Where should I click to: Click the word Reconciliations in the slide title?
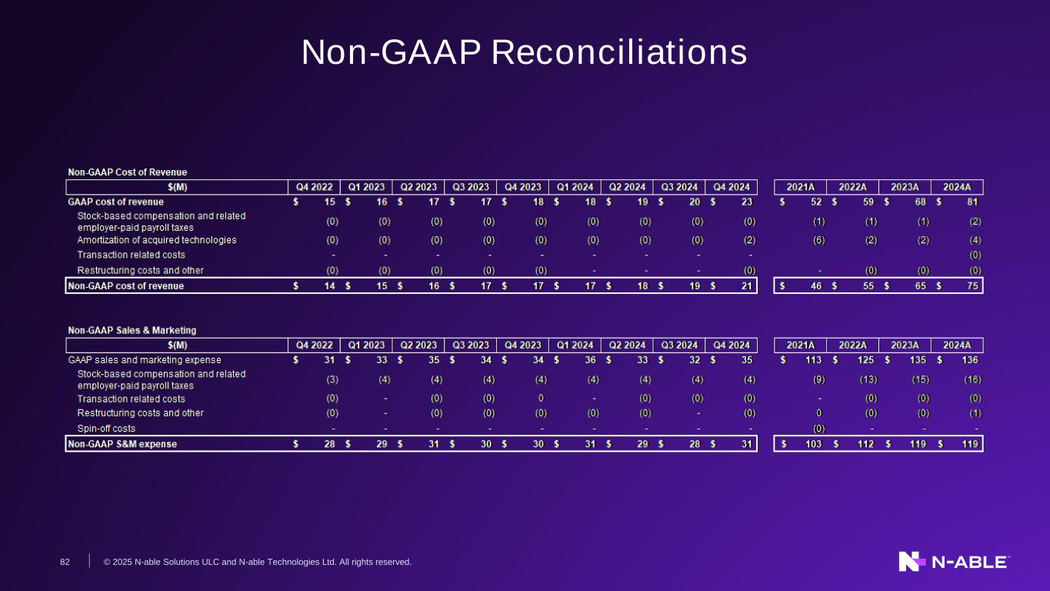tap(618, 52)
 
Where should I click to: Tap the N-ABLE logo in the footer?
tap(954, 562)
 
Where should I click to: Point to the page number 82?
tap(65, 562)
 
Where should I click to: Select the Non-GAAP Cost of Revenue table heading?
tap(128, 172)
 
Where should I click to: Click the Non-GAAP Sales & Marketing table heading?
tap(132, 330)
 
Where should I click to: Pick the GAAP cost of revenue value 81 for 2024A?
tap(972, 202)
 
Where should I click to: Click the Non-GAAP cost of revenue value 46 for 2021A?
tap(816, 285)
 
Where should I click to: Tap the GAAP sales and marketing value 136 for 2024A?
tap(970, 360)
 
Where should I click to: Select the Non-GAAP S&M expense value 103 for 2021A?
tap(813, 444)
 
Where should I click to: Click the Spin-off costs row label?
tap(106, 428)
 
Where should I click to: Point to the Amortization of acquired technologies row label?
tap(157, 240)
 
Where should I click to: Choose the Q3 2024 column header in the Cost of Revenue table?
tap(679, 187)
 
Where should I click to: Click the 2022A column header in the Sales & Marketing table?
tap(852, 346)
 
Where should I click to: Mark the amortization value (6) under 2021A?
tap(819, 240)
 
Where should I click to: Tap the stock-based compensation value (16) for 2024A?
tap(972, 379)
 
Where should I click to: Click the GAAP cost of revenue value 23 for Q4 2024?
tap(747, 202)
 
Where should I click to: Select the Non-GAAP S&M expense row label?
tap(122, 444)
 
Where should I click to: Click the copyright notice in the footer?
tap(258, 562)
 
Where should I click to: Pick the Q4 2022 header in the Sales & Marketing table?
tap(314, 346)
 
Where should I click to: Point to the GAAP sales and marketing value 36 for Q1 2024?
tap(590, 360)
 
